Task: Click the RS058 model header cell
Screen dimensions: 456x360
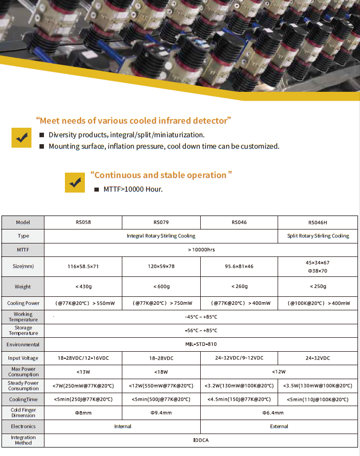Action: pyautogui.click(x=83, y=223)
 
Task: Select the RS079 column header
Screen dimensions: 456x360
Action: pyautogui.click(x=161, y=223)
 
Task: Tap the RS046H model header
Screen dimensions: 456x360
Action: pyautogui.click(x=318, y=223)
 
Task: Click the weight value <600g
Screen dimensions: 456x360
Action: pyautogui.click(x=161, y=286)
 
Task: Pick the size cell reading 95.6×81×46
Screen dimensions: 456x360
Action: pyautogui.click(x=239, y=266)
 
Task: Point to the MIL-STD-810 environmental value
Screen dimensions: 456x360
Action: pyautogui.click(x=201, y=344)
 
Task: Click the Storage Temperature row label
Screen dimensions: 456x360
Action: pyautogui.click(x=23, y=330)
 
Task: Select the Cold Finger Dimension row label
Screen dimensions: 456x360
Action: pyautogui.click(x=23, y=412)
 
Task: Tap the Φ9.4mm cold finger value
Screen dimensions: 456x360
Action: pyautogui.click(x=161, y=413)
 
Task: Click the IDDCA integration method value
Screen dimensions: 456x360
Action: pyautogui.click(x=201, y=440)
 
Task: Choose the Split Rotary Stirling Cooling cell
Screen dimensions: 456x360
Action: pyautogui.click(x=318, y=236)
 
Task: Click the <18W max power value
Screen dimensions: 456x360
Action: pyautogui.click(x=161, y=372)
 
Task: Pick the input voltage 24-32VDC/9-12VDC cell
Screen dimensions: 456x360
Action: pyautogui.click(x=239, y=358)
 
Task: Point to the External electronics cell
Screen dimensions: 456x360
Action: pyautogui.click(x=279, y=427)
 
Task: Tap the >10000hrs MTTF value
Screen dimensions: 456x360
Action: pyautogui.click(x=201, y=249)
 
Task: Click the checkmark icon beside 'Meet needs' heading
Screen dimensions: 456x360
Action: pyautogui.click(x=21, y=138)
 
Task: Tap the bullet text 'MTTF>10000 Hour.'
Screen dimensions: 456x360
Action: pyautogui.click(x=133, y=190)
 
